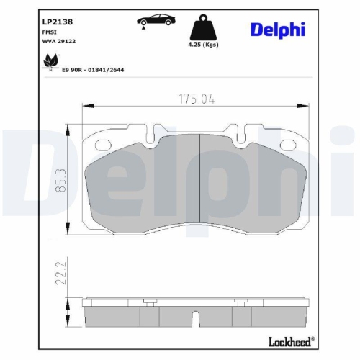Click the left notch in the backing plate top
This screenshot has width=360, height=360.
pos(152,133)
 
